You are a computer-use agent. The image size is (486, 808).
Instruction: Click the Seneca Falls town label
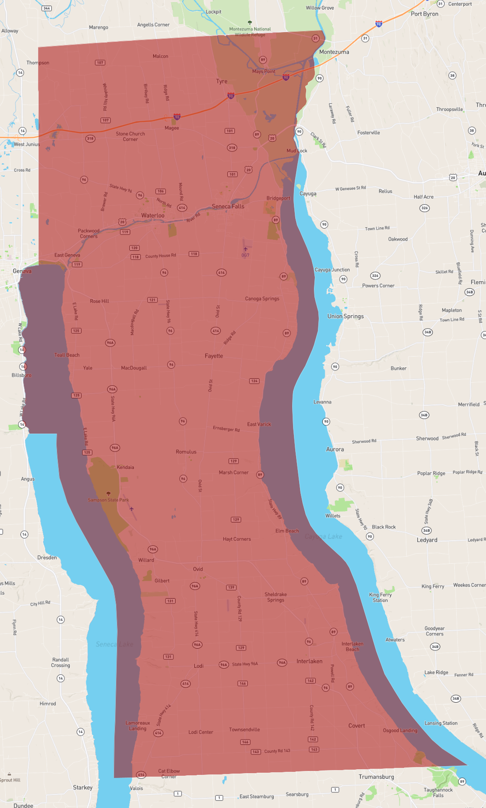click(x=228, y=206)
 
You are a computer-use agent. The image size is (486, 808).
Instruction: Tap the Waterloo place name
click(x=153, y=215)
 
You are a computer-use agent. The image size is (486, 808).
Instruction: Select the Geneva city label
click(x=22, y=271)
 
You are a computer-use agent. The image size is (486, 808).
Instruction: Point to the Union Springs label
click(x=345, y=316)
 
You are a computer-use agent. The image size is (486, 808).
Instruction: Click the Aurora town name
click(x=335, y=449)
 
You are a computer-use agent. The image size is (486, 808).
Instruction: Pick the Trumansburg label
click(x=376, y=777)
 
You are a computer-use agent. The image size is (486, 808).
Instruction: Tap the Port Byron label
click(x=424, y=14)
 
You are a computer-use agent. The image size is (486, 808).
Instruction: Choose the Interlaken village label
click(x=310, y=661)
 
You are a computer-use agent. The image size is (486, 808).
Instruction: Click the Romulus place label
click(x=186, y=452)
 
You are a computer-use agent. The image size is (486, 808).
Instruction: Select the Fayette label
click(x=214, y=356)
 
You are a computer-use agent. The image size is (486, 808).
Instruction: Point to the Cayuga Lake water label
click(x=323, y=536)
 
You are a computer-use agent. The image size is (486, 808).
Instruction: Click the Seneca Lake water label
click(x=115, y=644)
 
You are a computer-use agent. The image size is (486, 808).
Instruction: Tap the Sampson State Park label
click(x=108, y=500)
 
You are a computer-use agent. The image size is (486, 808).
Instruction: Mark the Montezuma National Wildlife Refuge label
click(x=250, y=32)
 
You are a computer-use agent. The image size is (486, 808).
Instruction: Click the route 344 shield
click(x=47, y=8)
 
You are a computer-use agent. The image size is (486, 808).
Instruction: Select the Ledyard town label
click(x=427, y=540)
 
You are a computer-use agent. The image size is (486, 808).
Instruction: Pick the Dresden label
click(x=47, y=558)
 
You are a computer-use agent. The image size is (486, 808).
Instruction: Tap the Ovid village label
click(x=198, y=569)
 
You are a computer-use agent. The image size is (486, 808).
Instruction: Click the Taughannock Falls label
click(x=438, y=792)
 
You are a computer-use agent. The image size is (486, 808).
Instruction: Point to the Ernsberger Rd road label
click(x=226, y=429)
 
